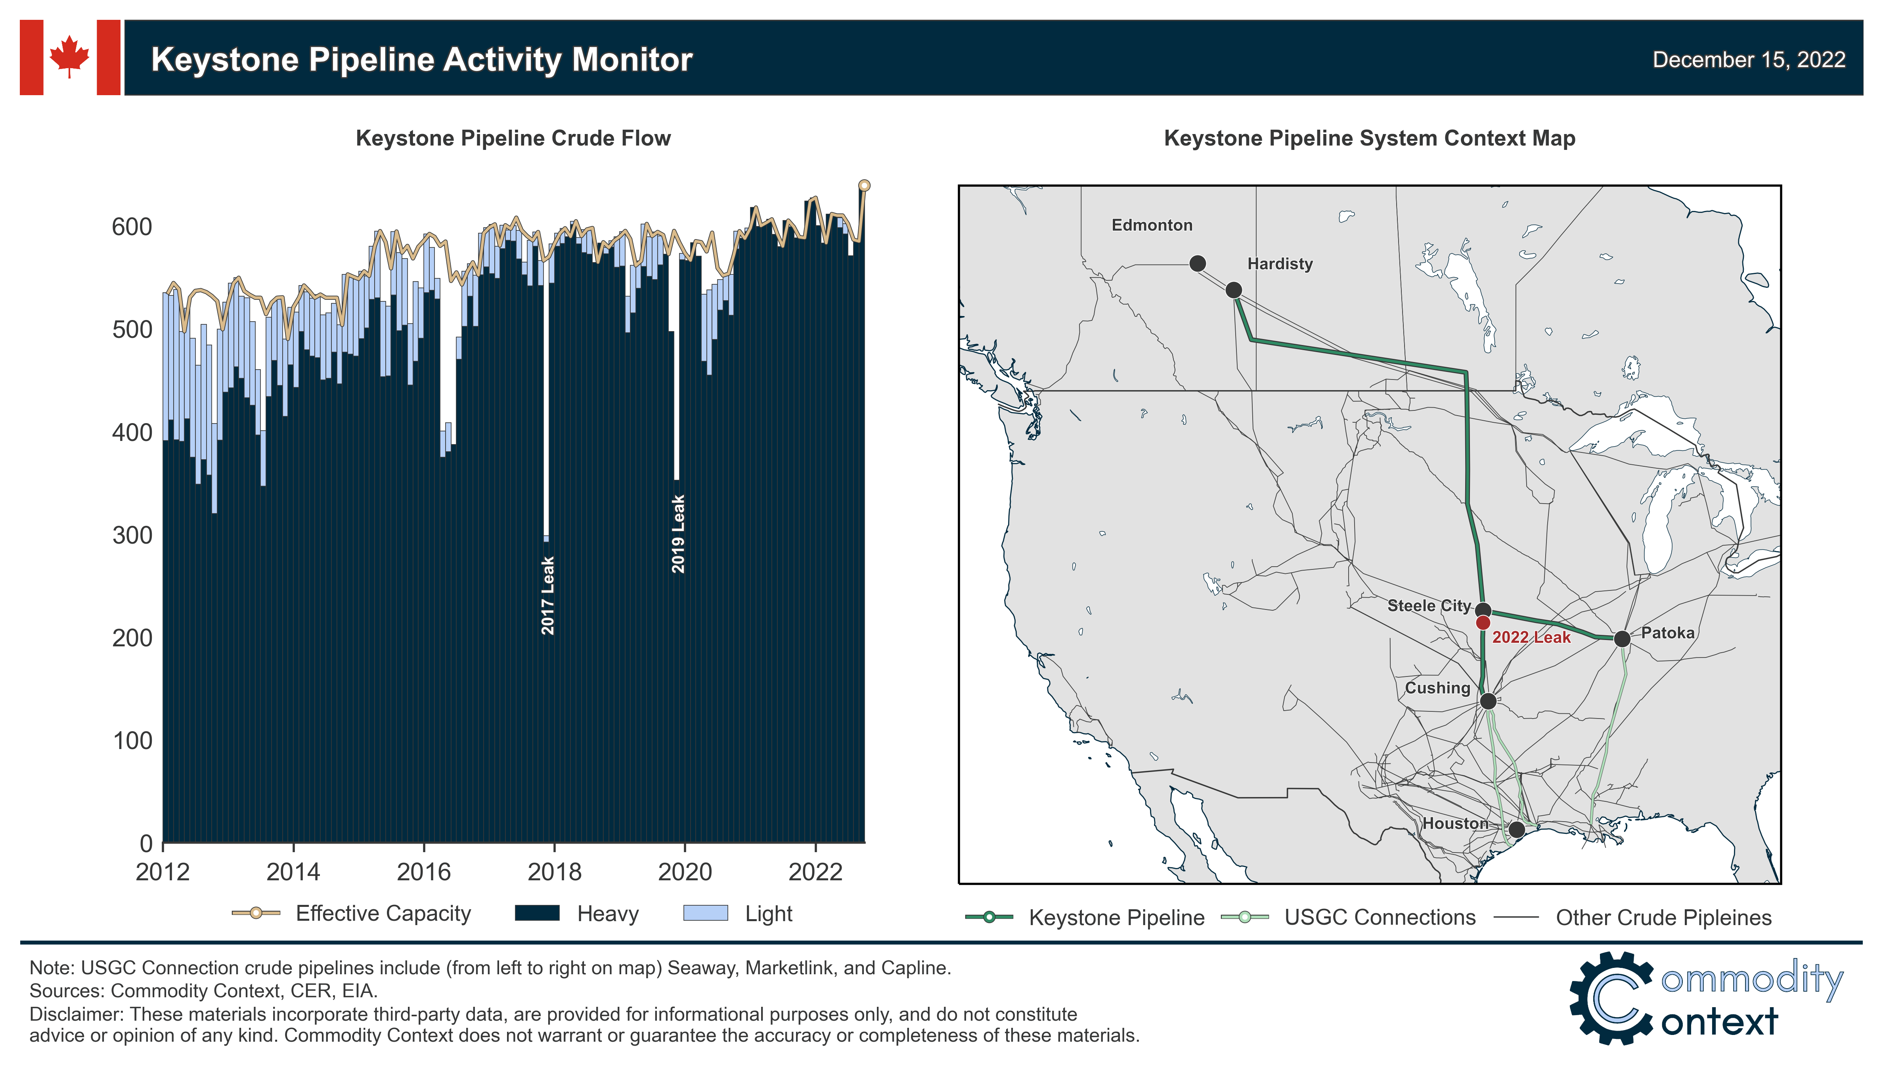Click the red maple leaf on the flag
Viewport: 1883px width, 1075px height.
(69, 56)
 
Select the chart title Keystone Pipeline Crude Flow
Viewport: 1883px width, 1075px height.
(513, 138)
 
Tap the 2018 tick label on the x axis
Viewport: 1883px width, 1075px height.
(554, 872)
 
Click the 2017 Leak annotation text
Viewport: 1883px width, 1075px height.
(547, 595)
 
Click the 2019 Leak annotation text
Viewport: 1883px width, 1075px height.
(677, 534)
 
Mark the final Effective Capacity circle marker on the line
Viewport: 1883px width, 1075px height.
(864, 185)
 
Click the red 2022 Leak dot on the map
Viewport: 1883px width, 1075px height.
(1482, 623)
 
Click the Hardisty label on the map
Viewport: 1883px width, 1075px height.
(1279, 264)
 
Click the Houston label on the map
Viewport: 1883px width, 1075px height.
(1454, 823)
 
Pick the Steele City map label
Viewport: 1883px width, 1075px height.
(1428, 606)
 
